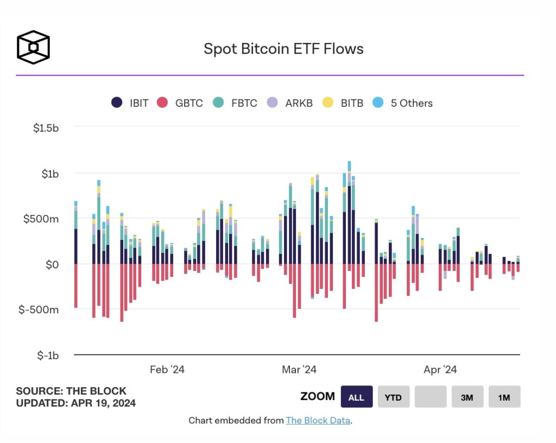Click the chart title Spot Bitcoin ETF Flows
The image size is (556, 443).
(x=283, y=49)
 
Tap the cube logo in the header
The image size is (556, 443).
(x=33, y=47)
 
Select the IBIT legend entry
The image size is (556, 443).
(x=130, y=103)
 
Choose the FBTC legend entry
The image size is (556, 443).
(x=235, y=103)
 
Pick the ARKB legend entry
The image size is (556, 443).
(x=290, y=103)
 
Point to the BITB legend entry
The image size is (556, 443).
(x=343, y=103)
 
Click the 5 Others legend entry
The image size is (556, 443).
(x=402, y=103)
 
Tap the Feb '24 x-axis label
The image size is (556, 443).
(x=167, y=370)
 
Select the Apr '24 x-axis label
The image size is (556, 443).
(x=440, y=370)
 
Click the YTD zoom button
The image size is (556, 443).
(x=393, y=397)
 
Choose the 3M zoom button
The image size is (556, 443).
(x=467, y=397)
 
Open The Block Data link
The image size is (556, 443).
(x=319, y=420)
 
